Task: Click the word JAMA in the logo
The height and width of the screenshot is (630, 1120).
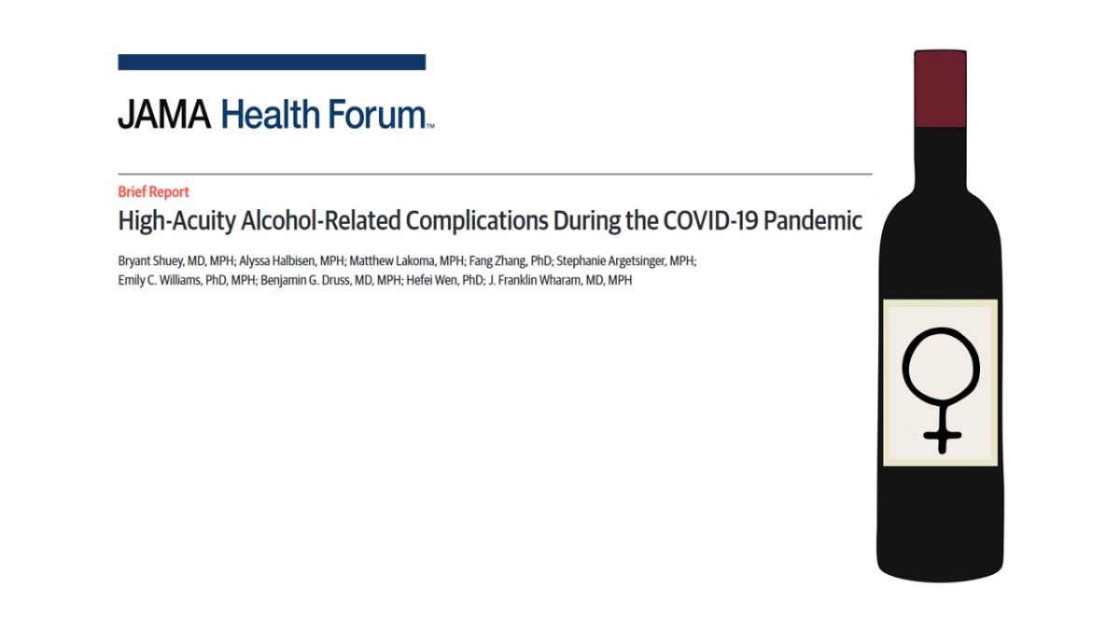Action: click(x=164, y=115)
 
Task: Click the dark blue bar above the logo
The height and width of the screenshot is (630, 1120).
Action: click(x=272, y=63)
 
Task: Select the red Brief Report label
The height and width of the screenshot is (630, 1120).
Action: click(x=153, y=191)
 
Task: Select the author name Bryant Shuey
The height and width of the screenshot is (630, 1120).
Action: click(x=149, y=261)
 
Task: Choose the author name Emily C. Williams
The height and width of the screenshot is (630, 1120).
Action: click(x=158, y=280)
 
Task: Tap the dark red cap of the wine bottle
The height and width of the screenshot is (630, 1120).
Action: click(x=940, y=89)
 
